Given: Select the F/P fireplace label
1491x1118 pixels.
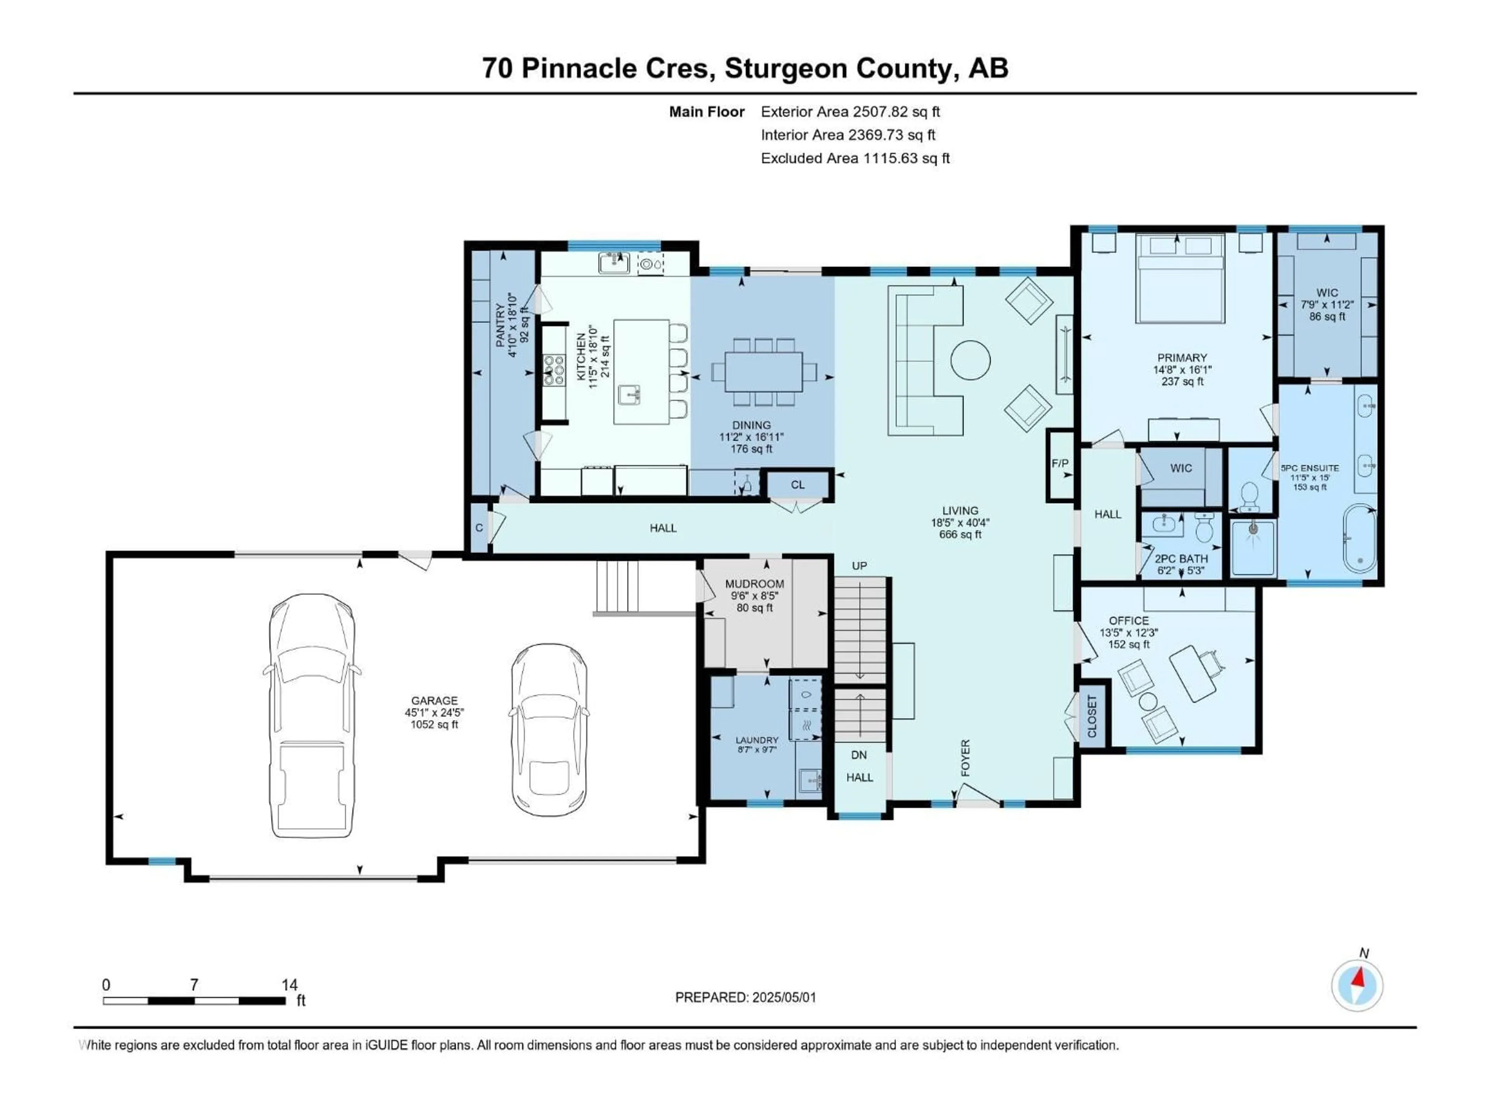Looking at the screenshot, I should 1060,464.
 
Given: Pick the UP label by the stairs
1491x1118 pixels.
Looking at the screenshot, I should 859,566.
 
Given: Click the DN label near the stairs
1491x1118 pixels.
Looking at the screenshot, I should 859,755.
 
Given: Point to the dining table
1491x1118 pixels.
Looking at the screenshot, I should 764,372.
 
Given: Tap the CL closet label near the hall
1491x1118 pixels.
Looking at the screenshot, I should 798,484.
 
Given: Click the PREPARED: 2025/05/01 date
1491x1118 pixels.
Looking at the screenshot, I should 745,997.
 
